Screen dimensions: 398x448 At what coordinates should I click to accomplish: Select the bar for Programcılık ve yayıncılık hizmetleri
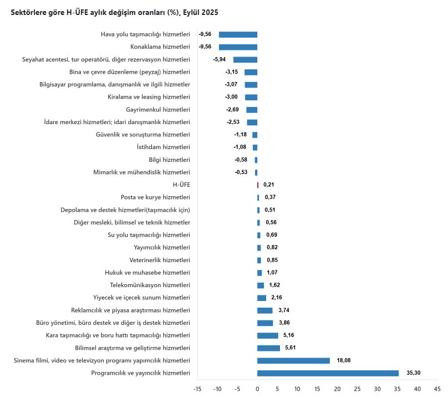point(328,373)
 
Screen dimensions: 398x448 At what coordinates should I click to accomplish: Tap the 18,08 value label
point(344,360)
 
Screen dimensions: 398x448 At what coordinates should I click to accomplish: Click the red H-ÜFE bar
point(258,185)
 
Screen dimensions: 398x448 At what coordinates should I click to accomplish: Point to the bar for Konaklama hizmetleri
point(238,47)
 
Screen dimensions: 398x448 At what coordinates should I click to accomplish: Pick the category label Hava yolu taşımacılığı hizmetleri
point(145,34)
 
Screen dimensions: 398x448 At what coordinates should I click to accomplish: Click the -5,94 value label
point(220,59)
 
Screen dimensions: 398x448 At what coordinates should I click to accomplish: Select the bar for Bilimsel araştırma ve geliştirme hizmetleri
point(268,348)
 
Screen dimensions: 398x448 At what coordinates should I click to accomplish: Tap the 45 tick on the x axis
point(437,389)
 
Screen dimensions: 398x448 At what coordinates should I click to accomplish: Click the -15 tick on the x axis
point(197,389)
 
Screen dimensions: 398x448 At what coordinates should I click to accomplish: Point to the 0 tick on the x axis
point(257,389)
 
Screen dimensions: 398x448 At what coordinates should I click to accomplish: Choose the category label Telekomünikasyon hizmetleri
point(150,285)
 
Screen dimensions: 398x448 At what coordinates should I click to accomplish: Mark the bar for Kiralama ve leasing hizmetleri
point(251,97)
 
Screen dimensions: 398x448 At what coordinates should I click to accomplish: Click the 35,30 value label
point(413,373)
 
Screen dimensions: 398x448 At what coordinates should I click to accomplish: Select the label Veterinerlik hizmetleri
point(160,260)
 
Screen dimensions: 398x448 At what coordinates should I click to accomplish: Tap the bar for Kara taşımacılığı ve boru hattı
point(268,335)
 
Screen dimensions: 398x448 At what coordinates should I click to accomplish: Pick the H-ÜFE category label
point(181,185)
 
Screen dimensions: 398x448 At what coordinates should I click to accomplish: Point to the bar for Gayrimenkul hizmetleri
point(252,110)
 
